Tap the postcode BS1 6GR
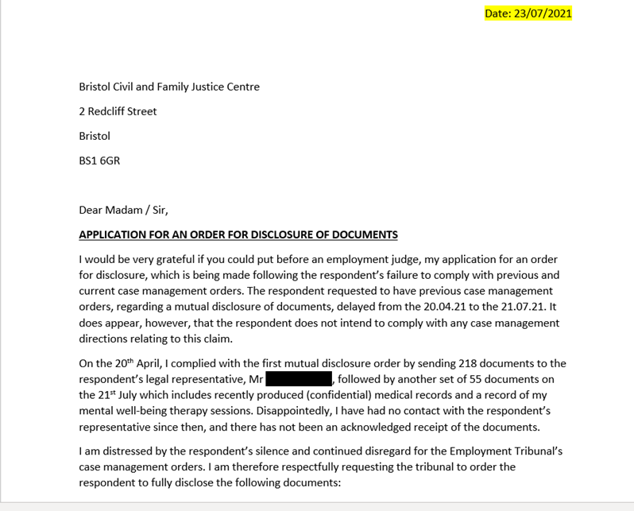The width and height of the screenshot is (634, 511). click(x=99, y=161)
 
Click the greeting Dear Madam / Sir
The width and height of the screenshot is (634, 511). click(x=123, y=211)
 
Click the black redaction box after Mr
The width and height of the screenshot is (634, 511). click(x=299, y=380)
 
